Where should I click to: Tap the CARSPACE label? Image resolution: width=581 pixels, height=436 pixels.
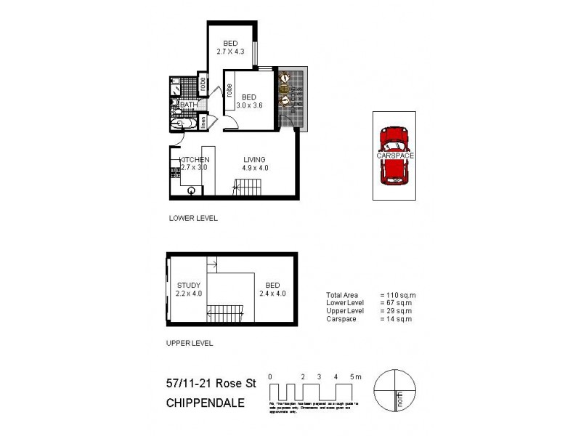[394, 156]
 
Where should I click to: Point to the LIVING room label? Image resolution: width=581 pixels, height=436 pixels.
[254, 160]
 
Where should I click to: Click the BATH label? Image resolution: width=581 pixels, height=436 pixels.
[189, 105]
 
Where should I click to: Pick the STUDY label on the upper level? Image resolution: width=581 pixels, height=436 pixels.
[187, 285]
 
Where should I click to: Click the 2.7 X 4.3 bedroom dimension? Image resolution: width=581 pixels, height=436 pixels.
[231, 52]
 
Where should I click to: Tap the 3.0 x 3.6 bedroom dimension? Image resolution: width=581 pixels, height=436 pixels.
[249, 105]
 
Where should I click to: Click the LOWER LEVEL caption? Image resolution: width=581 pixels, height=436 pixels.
[193, 218]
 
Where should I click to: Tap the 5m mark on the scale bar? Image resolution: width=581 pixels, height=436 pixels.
[354, 376]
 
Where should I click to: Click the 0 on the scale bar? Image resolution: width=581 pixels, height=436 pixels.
[270, 376]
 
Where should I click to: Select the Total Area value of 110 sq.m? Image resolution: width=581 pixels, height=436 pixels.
[398, 294]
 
